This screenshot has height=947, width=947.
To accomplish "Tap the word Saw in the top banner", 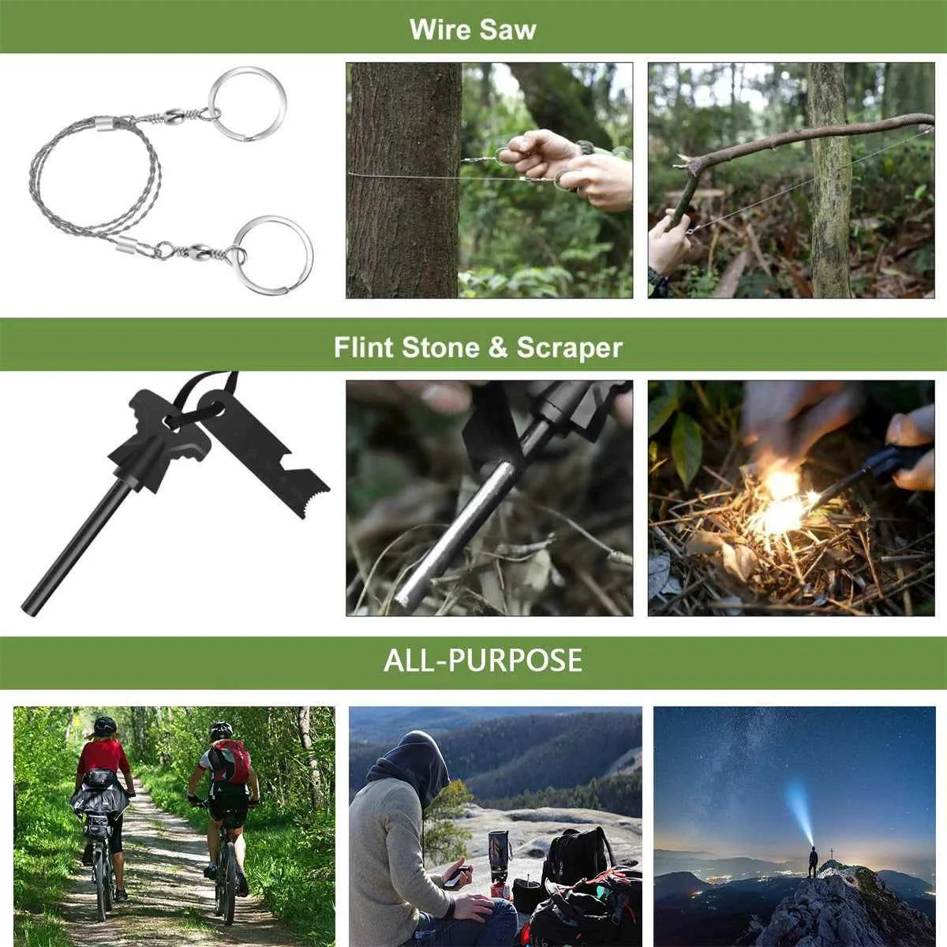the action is click(508, 29).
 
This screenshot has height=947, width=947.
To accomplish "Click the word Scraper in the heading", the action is click(569, 348).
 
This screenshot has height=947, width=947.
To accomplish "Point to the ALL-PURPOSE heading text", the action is click(483, 660).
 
